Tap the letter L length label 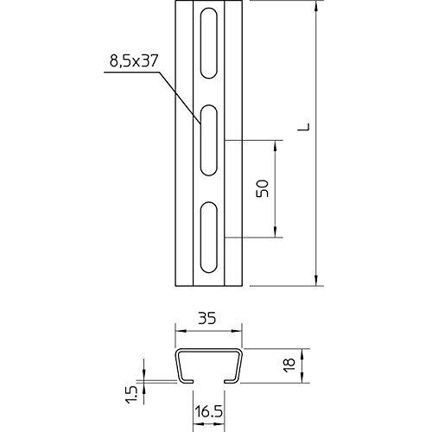point(303,130)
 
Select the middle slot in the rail point(207,139)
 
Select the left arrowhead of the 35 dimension point(179,331)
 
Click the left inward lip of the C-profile point(186,379)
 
